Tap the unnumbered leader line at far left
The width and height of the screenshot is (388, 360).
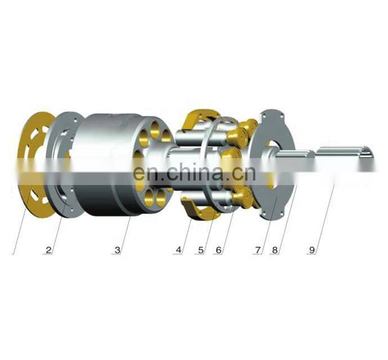[x=19, y=225]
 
